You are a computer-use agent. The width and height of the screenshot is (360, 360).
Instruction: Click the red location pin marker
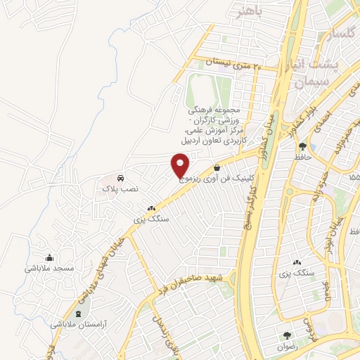coord(180,165)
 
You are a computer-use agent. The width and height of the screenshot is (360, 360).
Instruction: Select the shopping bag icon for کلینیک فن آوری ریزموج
coord(215,168)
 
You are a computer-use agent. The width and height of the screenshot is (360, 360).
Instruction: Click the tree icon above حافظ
coord(302,147)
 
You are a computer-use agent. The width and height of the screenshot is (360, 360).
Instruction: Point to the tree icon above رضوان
coord(286,335)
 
